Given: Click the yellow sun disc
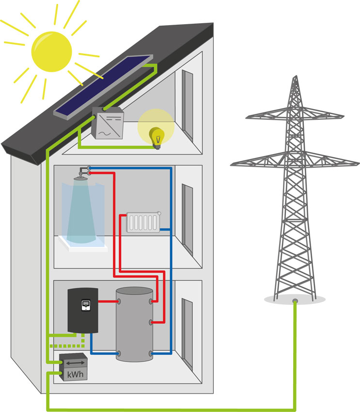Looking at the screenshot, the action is pyautogui.click(x=51, y=51).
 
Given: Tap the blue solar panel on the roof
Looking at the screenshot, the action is pyautogui.click(x=103, y=87).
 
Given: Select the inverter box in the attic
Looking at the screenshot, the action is pyautogui.click(x=108, y=123).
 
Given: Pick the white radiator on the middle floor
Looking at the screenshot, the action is pyautogui.click(x=143, y=222).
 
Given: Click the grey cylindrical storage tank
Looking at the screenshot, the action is pyautogui.click(x=134, y=324).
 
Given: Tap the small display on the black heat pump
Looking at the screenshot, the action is pyautogui.click(x=86, y=305).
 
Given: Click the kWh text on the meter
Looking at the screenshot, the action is pyautogui.click(x=76, y=374).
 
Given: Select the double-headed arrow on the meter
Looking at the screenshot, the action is pyautogui.click(x=76, y=363).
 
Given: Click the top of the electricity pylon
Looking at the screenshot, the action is pyautogui.click(x=296, y=77).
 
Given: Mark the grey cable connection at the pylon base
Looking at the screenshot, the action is pyautogui.click(x=295, y=301).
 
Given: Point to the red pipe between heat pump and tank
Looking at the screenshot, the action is pyautogui.click(x=108, y=301).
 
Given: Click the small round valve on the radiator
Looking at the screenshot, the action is pyautogui.click(x=159, y=213).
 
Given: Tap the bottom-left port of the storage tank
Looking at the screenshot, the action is pyautogui.click(x=119, y=353).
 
